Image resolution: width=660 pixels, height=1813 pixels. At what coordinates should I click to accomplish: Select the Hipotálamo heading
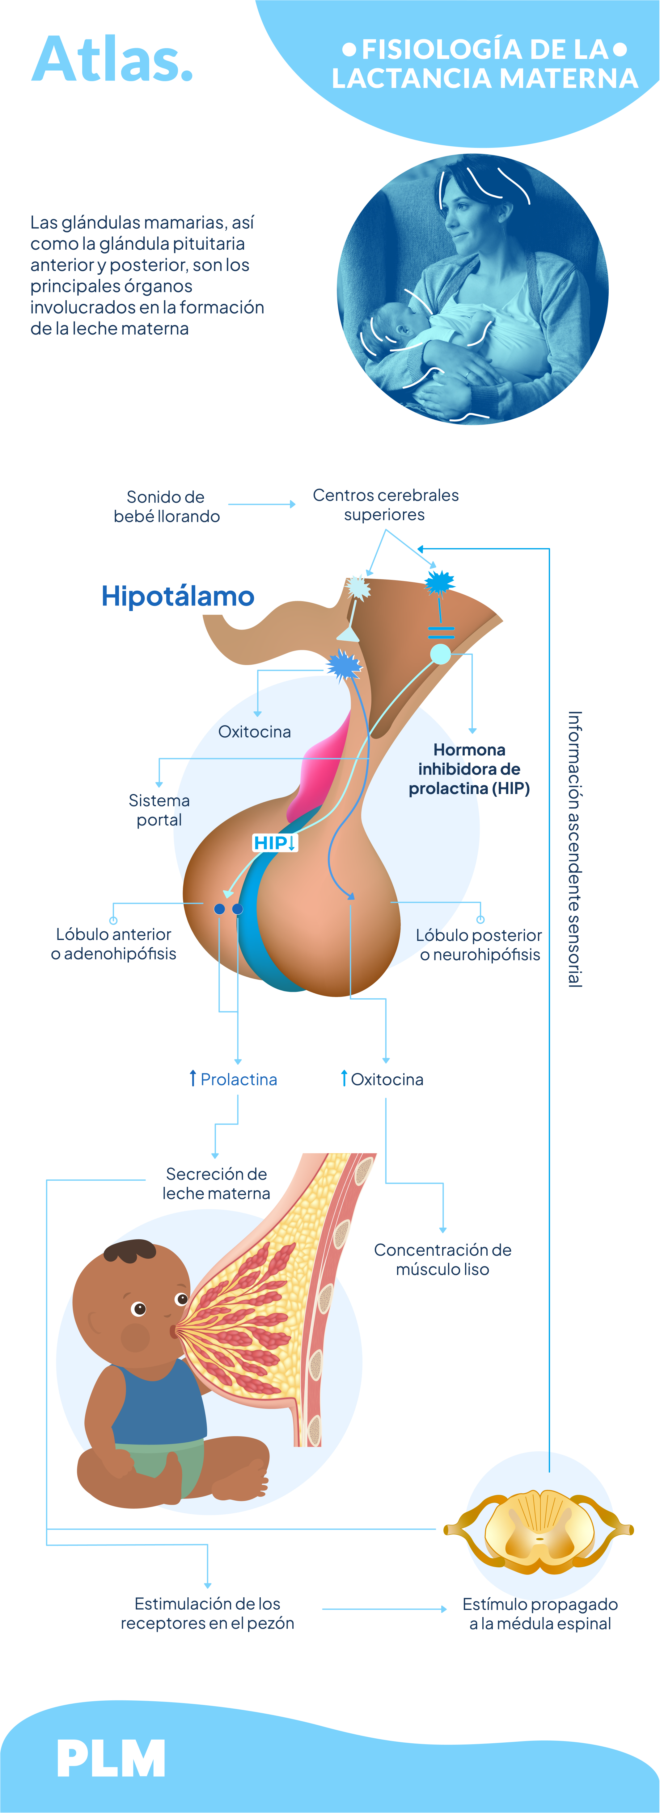tap(177, 596)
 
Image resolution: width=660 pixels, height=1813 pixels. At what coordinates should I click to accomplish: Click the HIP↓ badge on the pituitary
tap(275, 842)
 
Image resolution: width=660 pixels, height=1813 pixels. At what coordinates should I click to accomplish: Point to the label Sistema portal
tap(159, 810)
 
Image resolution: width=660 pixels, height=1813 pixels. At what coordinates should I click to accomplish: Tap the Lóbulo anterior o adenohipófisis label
tap(113, 944)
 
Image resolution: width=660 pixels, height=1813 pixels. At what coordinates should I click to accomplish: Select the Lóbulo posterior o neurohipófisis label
tap(479, 945)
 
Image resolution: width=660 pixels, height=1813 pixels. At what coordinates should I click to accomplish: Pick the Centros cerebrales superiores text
tap(385, 505)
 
